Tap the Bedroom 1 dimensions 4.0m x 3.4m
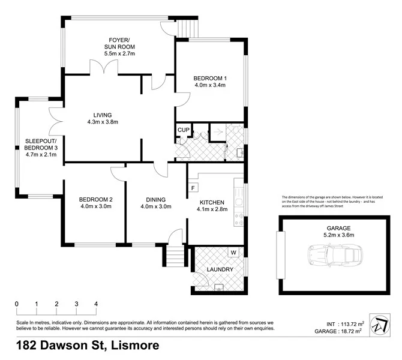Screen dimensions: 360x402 [209, 85]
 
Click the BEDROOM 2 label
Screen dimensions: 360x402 [96, 199]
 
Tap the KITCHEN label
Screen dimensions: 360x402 [212, 202]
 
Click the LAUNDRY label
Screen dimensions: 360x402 [220, 269]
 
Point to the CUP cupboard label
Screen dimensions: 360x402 [182, 130]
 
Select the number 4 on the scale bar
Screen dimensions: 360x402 [96, 304]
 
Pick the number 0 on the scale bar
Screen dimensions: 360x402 [16, 304]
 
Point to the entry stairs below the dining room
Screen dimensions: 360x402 [173, 257]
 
